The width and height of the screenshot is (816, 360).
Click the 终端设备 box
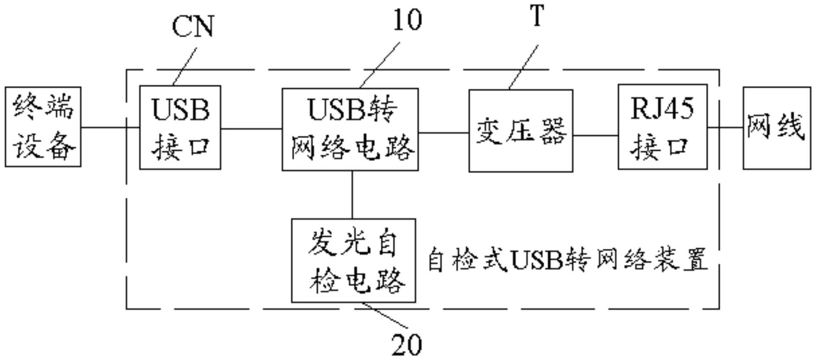click(x=43, y=127)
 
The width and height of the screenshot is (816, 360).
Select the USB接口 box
click(x=180, y=127)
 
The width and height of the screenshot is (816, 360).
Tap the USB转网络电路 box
click(x=350, y=129)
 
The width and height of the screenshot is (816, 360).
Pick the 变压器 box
click(x=521, y=131)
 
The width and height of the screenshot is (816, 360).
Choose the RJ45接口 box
click(x=662, y=127)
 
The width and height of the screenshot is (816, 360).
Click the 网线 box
click(x=777, y=128)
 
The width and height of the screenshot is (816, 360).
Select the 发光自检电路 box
click(x=353, y=260)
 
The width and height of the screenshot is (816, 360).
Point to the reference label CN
click(x=193, y=27)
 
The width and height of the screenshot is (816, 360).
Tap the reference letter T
click(x=537, y=16)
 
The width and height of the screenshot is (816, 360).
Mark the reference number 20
click(x=406, y=345)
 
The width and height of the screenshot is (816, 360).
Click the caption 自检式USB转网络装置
click(x=567, y=260)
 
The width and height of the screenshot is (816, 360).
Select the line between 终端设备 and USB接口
click(x=110, y=128)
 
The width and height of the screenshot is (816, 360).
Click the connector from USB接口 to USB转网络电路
click(x=251, y=129)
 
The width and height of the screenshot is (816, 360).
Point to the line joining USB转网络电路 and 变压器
click(x=443, y=133)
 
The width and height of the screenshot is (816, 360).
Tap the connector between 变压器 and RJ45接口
click(x=595, y=135)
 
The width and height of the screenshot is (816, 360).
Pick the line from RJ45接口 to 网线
click(x=725, y=128)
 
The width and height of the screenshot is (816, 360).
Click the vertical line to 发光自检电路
click(x=352, y=195)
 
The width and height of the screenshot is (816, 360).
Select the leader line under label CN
click(x=185, y=66)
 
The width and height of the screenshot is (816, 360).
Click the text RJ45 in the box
click(x=662, y=108)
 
